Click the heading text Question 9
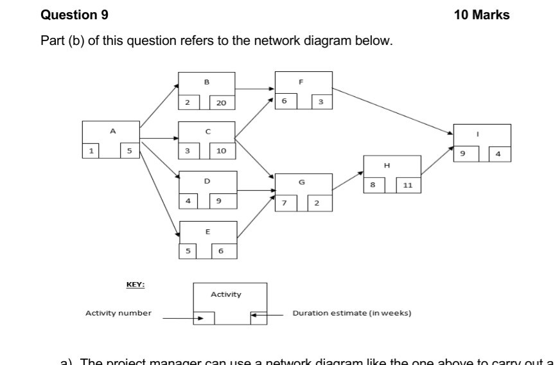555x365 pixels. click(75, 15)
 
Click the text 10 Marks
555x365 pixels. click(481, 15)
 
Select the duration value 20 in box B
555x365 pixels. click(222, 103)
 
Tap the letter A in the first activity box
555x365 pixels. click(113, 131)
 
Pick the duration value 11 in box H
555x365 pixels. click(407, 185)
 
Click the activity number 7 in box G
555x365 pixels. click(285, 204)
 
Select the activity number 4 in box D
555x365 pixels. click(188, 201)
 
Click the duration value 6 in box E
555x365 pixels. click(221, 251)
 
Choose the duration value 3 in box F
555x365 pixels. click(321, 102)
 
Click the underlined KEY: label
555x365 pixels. click(135, 285)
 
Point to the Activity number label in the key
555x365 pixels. click(119, 313)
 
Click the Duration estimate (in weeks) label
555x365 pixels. click(351, 313)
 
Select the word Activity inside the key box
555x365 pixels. click(226, 294)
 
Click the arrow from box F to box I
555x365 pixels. click(392, 111)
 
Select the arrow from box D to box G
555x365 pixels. click(256, 190)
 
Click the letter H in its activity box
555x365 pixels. click(387, 165)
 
